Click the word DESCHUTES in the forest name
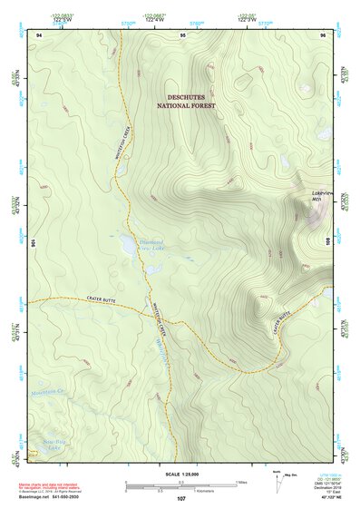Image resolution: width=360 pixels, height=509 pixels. pos(192,96)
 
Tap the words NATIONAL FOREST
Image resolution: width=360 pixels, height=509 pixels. pos(192,106)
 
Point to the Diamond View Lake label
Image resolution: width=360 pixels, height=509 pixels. pos(151,245)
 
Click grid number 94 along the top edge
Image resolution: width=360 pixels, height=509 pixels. pos(38,34)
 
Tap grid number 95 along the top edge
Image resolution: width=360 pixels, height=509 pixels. pos(183,34)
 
